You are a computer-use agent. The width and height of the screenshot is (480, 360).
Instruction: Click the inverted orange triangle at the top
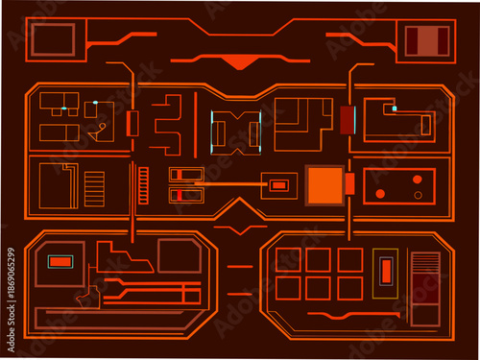point(240,63)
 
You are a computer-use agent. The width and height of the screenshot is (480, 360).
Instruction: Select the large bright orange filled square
point(324,184)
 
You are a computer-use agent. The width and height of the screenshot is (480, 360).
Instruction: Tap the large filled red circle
point(380,194)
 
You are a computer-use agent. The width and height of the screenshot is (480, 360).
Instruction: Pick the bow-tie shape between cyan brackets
point(236,130)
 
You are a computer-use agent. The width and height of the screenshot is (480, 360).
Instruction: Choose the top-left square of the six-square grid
point(289,259)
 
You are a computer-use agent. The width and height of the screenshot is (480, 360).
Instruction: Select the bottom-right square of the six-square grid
point(350,287)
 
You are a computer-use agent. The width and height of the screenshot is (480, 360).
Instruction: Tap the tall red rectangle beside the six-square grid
point(385,271)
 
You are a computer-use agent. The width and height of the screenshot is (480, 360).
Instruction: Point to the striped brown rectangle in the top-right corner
point(426,40)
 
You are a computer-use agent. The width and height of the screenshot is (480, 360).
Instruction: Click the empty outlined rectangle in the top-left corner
point(53,39)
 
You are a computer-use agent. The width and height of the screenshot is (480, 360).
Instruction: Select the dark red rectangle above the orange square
point(347,120)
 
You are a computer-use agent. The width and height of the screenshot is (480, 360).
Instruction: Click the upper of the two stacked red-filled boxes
point(185,175)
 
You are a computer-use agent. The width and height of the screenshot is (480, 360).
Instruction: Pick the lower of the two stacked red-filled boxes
point(185,196)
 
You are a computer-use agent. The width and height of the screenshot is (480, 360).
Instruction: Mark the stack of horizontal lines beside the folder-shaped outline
point(94,188)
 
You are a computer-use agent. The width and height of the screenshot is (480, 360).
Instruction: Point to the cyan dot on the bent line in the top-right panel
point(394,108)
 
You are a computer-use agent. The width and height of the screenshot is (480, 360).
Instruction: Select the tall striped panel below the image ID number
point(423,288)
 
